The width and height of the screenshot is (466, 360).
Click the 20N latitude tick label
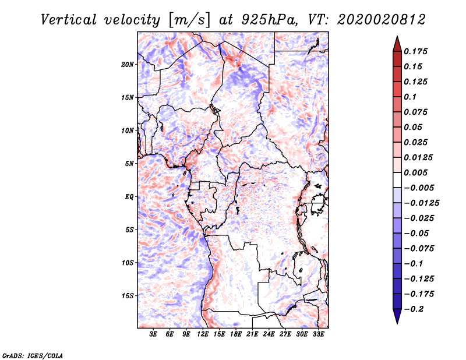[x=128, y=64]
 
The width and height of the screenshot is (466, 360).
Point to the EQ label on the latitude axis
[x=129, y=196]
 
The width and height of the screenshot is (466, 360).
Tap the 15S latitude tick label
[x=128, y=295]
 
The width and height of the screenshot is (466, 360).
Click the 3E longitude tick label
[x=154, y=334]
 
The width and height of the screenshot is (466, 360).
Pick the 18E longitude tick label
[x=236, y=334]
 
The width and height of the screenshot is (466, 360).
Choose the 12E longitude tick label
[x=203, y=334]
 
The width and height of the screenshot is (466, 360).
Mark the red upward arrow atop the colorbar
[x=396, y=43]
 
